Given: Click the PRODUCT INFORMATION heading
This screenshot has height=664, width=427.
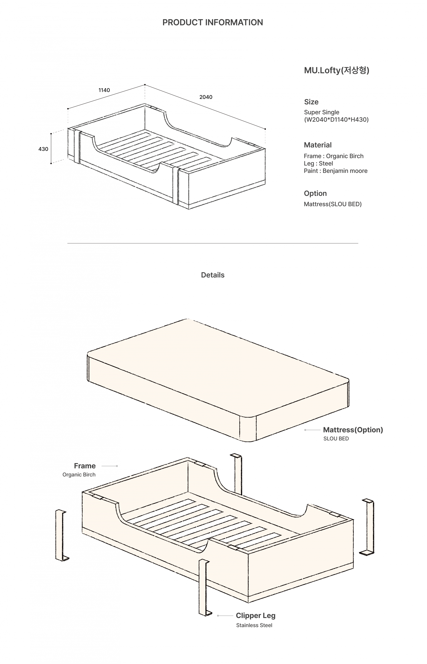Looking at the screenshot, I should coord(213,22).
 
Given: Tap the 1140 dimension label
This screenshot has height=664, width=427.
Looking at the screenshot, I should coord(104,90).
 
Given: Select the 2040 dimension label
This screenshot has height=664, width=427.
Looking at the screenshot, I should coord(206,97).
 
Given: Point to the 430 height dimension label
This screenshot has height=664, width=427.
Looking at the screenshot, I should coord(43,149).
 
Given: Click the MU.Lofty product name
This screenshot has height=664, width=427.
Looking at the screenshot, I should coord(336,71).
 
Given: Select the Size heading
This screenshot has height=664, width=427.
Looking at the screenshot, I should coord(311,102).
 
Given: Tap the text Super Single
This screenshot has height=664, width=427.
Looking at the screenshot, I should coord(321,112).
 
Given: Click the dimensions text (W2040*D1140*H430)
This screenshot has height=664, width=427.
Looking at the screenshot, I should coord(336,120).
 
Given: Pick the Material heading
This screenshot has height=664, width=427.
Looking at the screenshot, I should coord(318,145).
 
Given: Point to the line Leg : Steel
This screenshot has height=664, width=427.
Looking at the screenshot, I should coord(318,164).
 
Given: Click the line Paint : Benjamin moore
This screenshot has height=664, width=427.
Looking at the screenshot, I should coord(336,171).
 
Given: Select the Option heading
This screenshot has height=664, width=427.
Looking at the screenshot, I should coord(315,193).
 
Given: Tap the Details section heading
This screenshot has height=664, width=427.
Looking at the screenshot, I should coord(213,275).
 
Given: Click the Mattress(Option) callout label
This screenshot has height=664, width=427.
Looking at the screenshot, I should coord(353,430).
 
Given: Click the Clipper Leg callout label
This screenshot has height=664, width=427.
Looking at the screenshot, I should coord(255,616).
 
